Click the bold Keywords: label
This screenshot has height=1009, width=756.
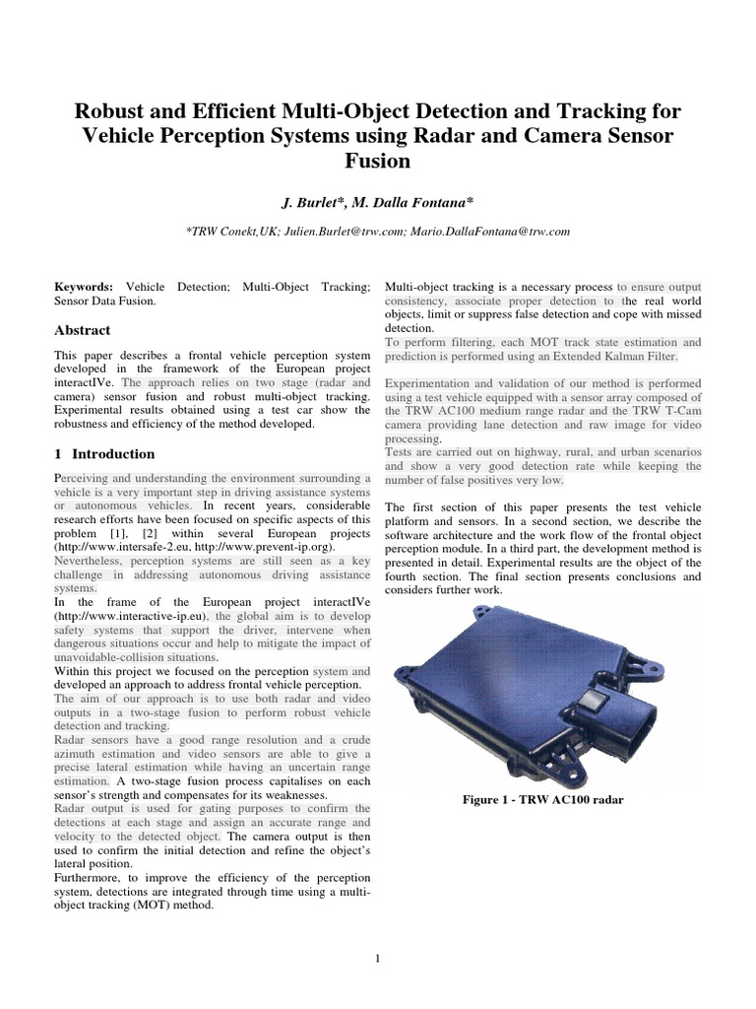coord(84,286)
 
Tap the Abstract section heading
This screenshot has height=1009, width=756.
coord(82,330)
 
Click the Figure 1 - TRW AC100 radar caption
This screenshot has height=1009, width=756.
coord(542,799)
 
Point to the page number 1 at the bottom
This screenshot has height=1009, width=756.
coord(377,958)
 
